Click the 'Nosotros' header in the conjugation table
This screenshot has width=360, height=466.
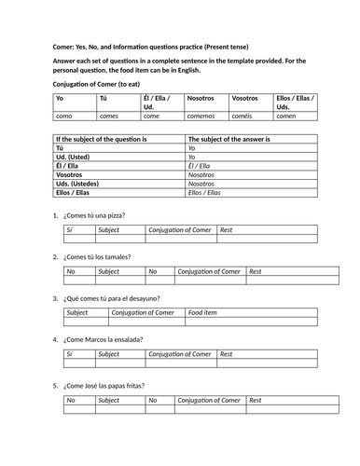[x=201, y=97]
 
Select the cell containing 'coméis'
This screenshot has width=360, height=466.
[x=243, y=117]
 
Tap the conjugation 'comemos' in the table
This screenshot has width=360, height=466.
[x=203, y=117]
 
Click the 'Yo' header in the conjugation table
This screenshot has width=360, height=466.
[x=60, y=97]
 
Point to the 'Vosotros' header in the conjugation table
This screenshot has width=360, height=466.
[x=245, y=97]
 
